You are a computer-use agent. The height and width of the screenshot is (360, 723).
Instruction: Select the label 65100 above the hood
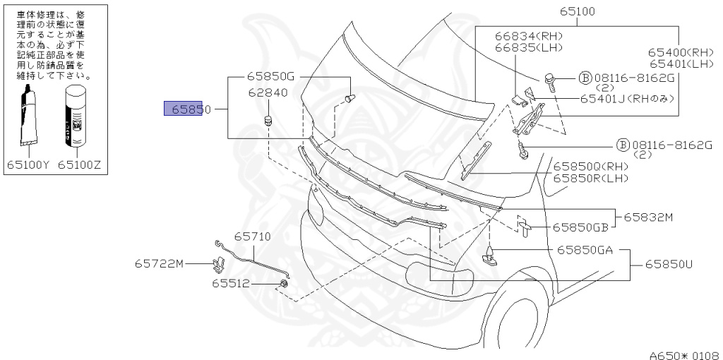[578, 11]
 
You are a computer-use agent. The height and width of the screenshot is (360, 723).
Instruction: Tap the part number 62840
[265, 92]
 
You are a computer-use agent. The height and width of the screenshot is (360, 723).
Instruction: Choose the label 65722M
[160, 264]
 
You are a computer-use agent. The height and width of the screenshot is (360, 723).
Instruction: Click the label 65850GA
[585, 249]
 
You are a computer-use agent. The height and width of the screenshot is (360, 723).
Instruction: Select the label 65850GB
[580, 227]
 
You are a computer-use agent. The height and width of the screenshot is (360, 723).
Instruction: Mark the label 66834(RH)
[522, 35]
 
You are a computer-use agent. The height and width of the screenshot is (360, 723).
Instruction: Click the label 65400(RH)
[681, 52]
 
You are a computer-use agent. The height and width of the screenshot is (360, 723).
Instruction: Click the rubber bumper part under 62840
[268, 121]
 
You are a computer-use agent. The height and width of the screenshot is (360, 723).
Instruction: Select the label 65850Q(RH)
[590, 167]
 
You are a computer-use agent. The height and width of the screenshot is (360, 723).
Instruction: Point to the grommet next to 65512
[283, 284]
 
